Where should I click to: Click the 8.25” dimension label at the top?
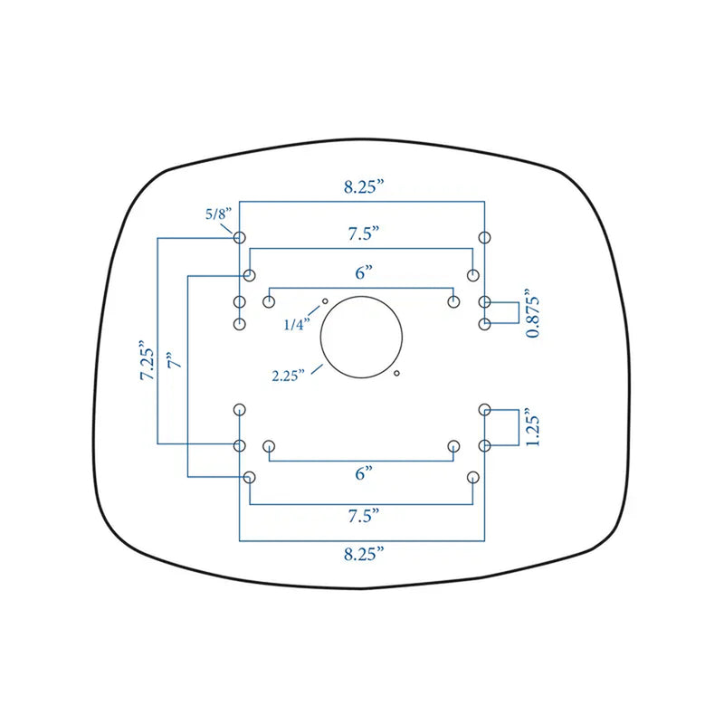(364, 187)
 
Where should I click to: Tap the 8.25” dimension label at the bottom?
(364, 554)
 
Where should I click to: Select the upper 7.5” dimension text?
(364, 233)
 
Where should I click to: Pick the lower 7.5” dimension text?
(364, 515)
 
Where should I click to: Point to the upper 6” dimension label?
(364, 272)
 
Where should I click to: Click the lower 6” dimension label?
(364, 473)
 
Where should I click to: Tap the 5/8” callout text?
(218, 214)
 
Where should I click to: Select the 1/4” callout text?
(297, 325)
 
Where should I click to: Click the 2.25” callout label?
(288, 376)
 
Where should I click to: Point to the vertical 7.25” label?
(148, 360)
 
